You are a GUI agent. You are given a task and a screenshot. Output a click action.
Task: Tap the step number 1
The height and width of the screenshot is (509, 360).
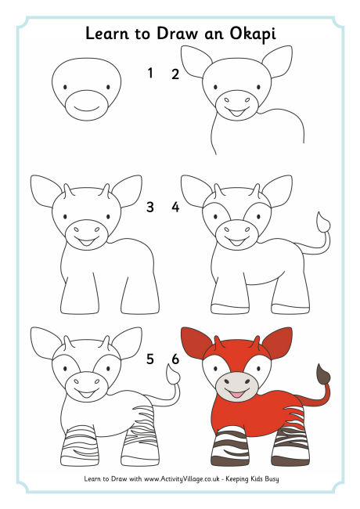[150, 74]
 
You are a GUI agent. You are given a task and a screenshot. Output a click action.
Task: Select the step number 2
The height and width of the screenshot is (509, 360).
[175, 74]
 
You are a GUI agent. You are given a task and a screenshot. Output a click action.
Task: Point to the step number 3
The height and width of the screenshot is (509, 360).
[150, 208]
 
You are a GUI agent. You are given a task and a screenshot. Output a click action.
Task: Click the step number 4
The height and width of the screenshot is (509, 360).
[175, 208]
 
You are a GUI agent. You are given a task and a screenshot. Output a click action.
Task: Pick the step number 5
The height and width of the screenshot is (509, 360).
[150, 359]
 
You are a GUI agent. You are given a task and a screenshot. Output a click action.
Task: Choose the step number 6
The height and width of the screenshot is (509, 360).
[175, 359]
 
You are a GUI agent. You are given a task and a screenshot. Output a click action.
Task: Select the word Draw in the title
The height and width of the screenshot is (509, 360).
[182, 36]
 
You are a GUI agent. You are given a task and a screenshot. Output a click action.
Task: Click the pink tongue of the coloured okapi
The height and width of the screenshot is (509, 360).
[236, 392]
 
